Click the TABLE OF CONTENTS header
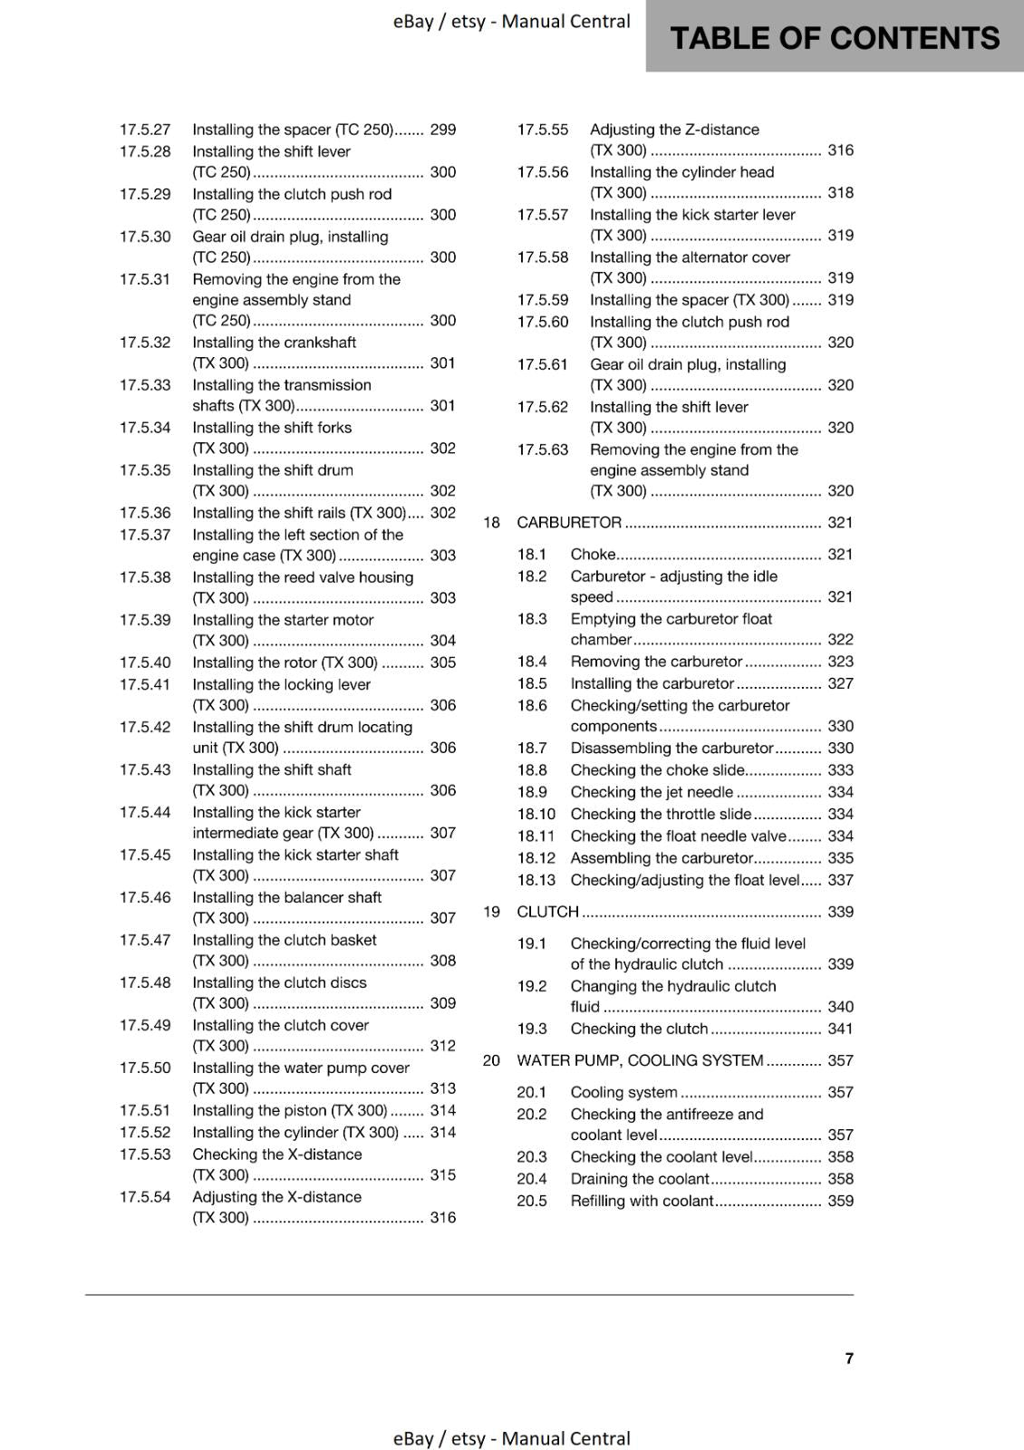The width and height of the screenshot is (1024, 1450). coord(834,38)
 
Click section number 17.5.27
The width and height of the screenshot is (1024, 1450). coord(145,130)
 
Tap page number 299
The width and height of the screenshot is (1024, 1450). coord(442,130)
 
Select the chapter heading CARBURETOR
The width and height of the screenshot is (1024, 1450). coord(569,522)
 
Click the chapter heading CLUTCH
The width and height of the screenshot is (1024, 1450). coord(547,912)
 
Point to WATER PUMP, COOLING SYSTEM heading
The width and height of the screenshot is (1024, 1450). coord(640,1060)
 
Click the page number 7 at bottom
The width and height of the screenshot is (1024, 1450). coord(848,1358)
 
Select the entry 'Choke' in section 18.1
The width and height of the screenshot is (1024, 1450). coord(593,554)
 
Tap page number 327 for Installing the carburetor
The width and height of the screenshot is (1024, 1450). coord(840,683)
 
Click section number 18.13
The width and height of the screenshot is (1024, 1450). coord(536,880)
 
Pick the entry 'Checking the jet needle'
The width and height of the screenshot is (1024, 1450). coord(652,792)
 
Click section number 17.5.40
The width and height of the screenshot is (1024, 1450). coord(145,662)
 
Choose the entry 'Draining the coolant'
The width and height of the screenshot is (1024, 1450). coord(640,1179)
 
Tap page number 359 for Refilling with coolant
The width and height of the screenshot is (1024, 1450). coord(840,1201)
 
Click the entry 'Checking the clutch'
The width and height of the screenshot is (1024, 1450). coord(639,1029)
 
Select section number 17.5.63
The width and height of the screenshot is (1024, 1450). coord(543,449)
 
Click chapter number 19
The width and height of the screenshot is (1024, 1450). coord(491,912)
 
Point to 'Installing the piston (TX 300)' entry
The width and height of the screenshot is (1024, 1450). coord(290,1110)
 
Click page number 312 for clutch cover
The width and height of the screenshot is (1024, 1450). coord(442,1046)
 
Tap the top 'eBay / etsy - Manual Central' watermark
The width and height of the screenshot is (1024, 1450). coord(511,22)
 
